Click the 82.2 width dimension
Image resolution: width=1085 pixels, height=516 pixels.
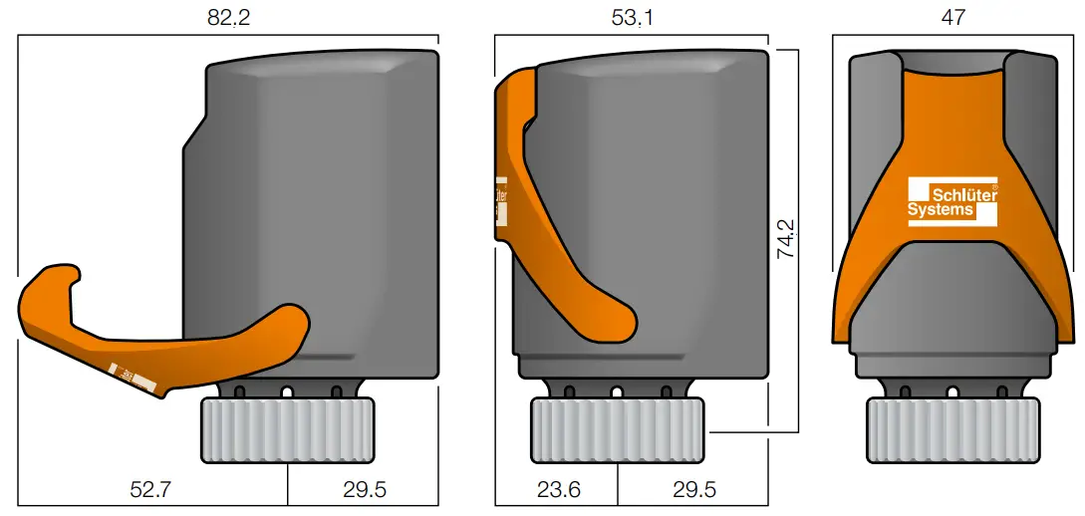click(227, 17)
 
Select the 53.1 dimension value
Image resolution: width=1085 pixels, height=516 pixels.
click(631, 17)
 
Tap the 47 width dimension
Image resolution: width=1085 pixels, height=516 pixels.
click(952, 17)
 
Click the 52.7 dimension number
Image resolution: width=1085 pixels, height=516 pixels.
click(152, 489)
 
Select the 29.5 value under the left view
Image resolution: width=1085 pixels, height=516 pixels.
click(364, 489)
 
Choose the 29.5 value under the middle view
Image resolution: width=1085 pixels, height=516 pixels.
click(692, 489)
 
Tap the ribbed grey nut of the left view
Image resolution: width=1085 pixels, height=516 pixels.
click(288, 429)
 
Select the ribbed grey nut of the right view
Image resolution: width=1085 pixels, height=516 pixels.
click(953, 429)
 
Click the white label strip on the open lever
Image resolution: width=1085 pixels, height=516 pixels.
click(134, 378)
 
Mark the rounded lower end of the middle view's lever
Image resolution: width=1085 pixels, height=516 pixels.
click(618, 322)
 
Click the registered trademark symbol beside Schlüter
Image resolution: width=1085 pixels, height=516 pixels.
click(994, 186)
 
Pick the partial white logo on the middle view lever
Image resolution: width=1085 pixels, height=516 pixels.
click(500, 204)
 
